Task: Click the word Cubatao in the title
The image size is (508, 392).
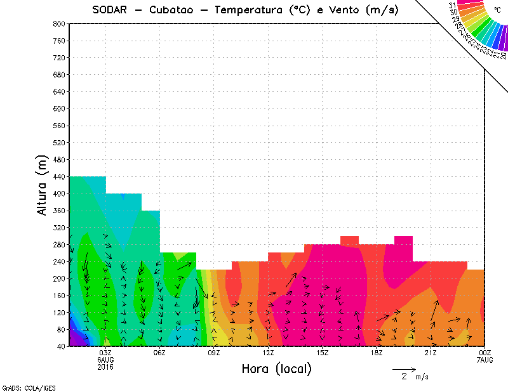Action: (175, 10)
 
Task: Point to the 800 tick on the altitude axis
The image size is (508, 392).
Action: (58, 23)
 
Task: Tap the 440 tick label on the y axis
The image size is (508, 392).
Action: (58, 176)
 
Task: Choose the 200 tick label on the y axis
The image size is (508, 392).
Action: (58, 278)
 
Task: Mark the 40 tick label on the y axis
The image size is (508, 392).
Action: (60, 346)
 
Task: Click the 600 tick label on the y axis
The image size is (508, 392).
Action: (58, 108)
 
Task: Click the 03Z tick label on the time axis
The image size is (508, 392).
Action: (105, 353)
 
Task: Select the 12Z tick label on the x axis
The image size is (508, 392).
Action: (268, 353)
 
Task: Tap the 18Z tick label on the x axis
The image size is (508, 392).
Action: (377, 353)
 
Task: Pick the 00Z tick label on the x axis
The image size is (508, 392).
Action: (485, 353)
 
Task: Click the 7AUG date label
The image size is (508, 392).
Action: (485, 360)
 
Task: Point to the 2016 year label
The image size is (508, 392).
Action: (105, 367)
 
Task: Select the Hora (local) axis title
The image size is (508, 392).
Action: (277, 369)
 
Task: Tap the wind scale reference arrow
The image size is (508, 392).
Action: (403, 369)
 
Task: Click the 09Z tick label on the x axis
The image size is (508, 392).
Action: (214, 353)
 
